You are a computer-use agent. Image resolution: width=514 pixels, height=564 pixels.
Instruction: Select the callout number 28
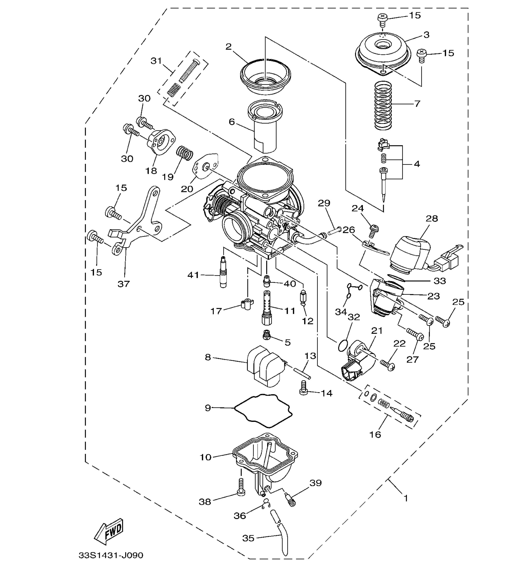click(431, 219)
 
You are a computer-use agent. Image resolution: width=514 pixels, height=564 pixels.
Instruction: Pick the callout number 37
click(124, 284)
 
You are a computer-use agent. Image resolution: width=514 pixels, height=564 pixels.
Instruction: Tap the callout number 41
click(193, 275)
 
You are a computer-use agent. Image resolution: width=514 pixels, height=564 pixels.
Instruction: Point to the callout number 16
click(375, 434)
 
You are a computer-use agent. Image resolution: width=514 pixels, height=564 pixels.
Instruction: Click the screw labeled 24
click(373, 229)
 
